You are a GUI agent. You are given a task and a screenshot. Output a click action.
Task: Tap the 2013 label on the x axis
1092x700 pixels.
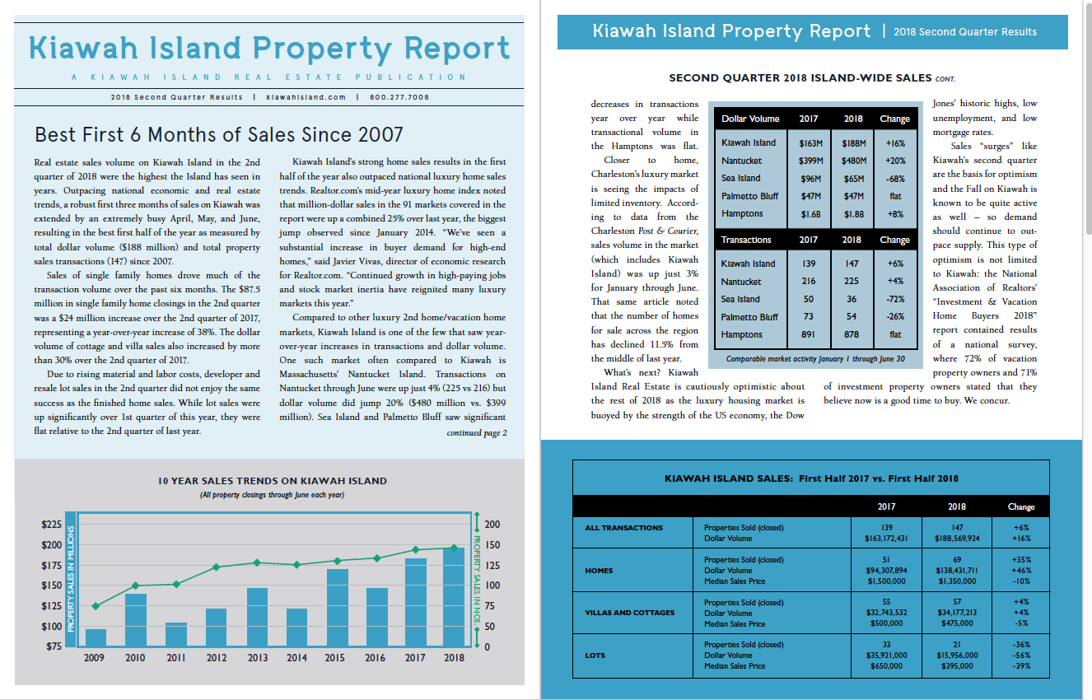click(x=258, y=658)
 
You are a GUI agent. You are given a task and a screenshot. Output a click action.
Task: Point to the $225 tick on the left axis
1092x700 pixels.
click(x=51, y=525)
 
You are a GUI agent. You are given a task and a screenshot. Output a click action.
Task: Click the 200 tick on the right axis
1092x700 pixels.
click(x=492, y=525)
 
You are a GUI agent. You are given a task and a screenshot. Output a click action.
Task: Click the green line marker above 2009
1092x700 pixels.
click(x=96, y=606)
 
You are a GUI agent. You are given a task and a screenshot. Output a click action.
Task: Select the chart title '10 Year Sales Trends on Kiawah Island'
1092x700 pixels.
click(x=272, y=481)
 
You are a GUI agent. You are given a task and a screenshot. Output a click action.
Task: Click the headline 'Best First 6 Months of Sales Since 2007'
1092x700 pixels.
click(x=219, y=134)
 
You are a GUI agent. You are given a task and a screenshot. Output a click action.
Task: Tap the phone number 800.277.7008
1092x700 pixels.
click(x=399, y=97)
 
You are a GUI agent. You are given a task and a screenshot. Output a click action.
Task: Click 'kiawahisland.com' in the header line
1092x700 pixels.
click(x=306, y=97)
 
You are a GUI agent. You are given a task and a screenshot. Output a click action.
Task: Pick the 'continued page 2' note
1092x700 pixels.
click(x=477, y=433)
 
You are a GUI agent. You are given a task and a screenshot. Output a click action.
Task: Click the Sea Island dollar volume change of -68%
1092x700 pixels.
click(x=895, y=178)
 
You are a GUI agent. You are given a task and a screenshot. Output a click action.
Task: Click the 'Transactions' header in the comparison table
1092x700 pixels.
click(x=746, y=240)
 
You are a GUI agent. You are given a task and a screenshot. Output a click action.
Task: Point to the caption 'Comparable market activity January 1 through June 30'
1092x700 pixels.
click(x=815, y=359)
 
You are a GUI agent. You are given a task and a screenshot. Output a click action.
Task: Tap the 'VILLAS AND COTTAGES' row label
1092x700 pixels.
click(x=629, y=613)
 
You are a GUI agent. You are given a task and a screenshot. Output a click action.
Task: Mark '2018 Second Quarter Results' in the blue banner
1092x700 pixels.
click(x=965, y=32)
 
